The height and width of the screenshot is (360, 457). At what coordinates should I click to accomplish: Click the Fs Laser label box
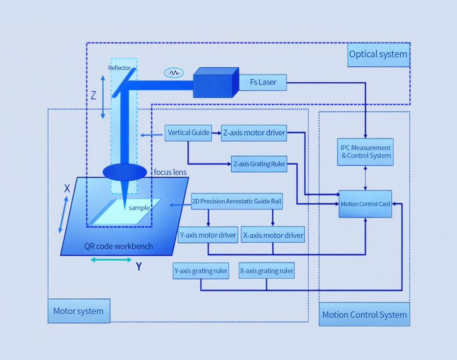(x=263, y=82)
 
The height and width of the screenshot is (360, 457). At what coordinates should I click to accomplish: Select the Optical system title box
(x=378, y=55)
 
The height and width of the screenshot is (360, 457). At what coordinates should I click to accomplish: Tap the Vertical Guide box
(x=188, y=133)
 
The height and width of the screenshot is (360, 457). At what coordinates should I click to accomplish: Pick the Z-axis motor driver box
(x=254, y=133)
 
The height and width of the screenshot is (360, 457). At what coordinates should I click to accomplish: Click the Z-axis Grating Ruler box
(x=259, y=164)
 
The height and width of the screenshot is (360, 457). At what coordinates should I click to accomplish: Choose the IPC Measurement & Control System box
(x=365, y=152)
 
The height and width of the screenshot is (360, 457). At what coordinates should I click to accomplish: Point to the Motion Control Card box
(x=365, y=204)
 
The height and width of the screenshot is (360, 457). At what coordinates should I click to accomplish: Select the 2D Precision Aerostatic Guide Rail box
(x=237, y=201)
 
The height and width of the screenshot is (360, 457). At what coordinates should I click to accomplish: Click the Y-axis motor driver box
(x=208, y=235)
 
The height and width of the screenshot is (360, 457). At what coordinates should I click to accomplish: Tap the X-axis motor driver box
(x=273, y=235)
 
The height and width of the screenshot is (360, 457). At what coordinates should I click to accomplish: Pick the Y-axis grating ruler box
(x=201, y=271)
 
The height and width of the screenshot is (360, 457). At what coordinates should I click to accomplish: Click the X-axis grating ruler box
(x=267, y=271)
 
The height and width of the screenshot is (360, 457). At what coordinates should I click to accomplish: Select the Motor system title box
(x=79, y=311)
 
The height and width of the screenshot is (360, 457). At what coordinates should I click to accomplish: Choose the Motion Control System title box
(x=364, y=314)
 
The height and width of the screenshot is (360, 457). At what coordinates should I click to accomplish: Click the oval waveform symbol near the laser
(x=174, y=73)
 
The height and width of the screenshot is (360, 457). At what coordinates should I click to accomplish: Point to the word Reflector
(x=119, y=68)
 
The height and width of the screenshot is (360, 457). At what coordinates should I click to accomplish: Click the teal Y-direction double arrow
(x=111, y=260)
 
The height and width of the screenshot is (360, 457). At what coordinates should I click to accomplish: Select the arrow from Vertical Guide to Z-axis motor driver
(x=216, y=133)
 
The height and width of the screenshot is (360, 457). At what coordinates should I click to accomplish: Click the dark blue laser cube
(x=215, y=83)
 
